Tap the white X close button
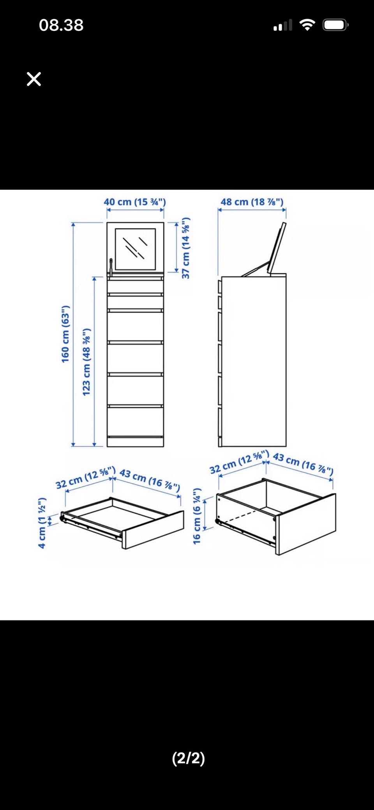pos(34,79)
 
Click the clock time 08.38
pos(61,25)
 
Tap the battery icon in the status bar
pos(335,25)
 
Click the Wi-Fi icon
pos(307,25)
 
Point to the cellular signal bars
pos(283,25)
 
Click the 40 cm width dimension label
pos(135,202)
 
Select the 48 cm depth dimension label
pos(252,202)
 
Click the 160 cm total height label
pos(65,334)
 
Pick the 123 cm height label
pos(86,362)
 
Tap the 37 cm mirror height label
pos(186,248)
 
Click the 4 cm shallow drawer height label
pos(42,523)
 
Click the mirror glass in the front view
pos(135,249)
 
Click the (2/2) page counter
pos(189,758)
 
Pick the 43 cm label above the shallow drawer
pos(150,480)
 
